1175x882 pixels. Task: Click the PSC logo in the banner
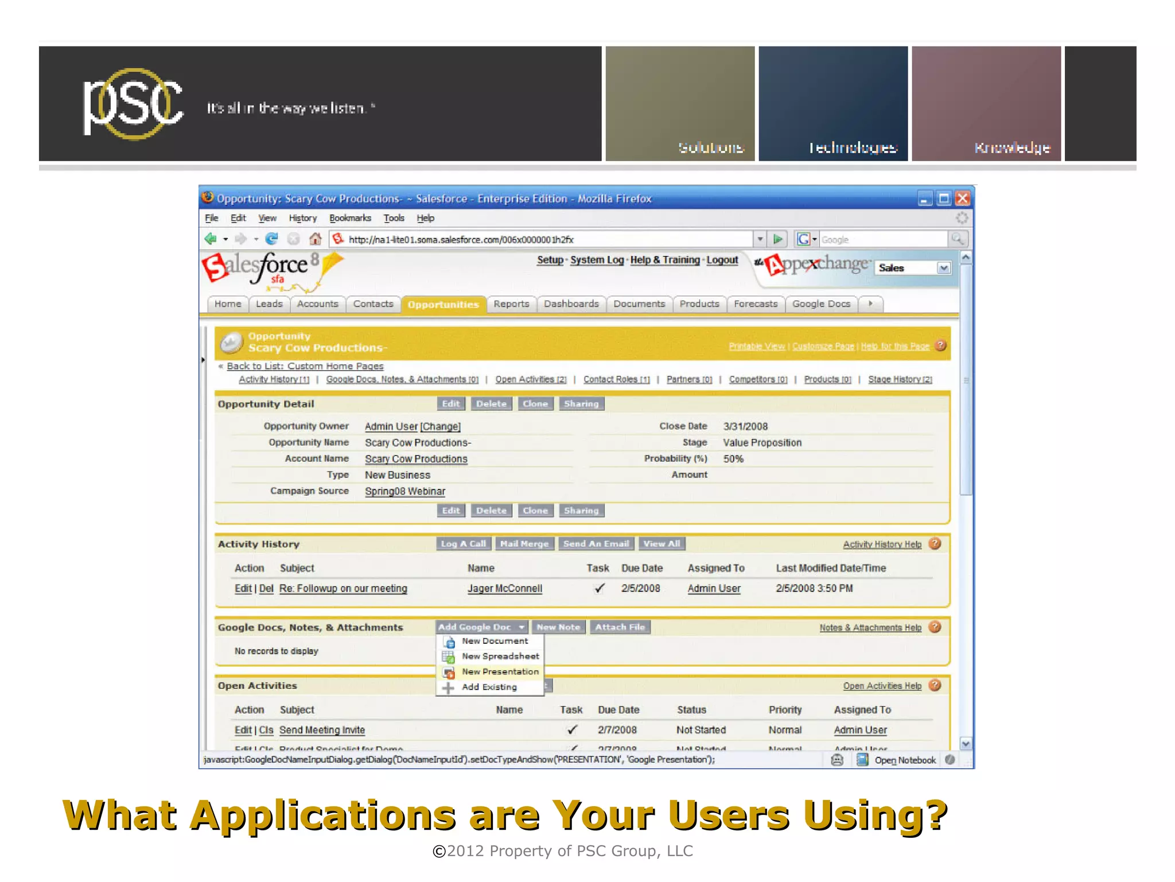133,103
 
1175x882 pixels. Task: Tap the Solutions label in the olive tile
711,147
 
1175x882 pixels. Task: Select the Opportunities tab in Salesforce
443,304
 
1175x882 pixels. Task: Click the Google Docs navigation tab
821,304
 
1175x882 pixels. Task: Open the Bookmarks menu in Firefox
350,218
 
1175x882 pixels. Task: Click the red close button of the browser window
962,199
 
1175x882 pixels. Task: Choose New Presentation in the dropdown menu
500,671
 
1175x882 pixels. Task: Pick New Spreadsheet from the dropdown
500,656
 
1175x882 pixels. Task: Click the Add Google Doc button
481,627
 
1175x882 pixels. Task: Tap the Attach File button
620,627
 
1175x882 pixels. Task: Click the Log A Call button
463,543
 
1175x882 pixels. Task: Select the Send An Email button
596,543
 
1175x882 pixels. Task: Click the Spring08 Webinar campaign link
404,491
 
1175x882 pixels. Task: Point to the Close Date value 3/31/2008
745,426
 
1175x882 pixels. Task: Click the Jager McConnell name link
504,588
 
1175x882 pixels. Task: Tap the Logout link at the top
722,260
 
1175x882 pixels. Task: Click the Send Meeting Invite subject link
322,730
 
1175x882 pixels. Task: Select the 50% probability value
733,459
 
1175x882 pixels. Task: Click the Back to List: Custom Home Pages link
305,366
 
